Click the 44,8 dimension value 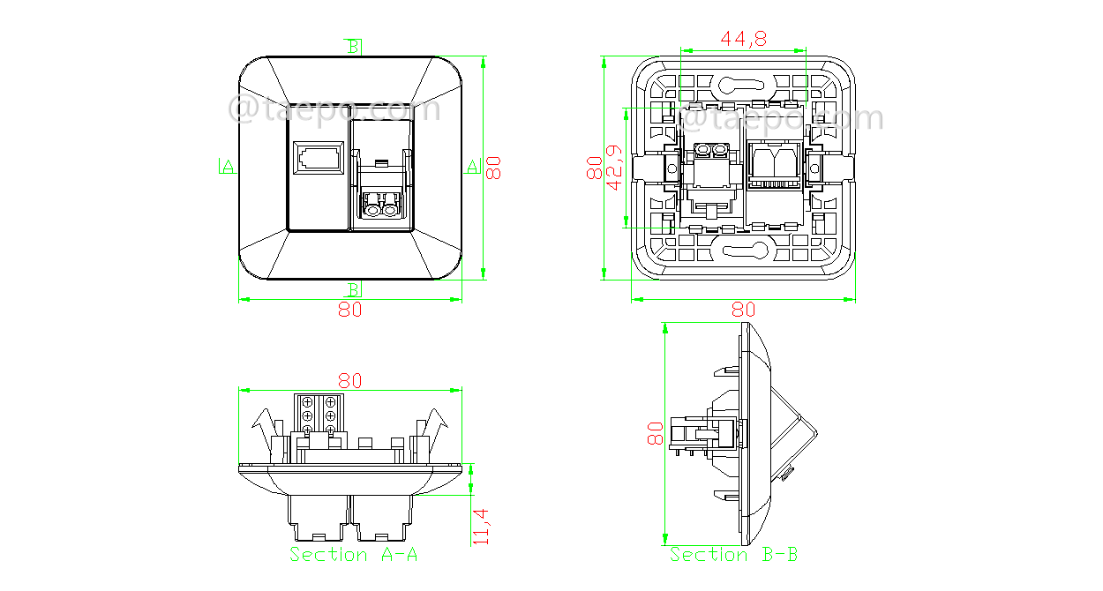coord(743,39)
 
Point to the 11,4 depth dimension coord(481,525)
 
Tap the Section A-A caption coord(353,554)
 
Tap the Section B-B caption coord(733,554)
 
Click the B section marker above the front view coord(353,47)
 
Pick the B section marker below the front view coord(353,289)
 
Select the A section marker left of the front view coord(227,166)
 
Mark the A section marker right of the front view coord(473,166)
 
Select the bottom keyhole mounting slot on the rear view coord(743,251)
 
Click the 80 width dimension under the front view coord(350,310)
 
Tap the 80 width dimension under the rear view coord(744,310)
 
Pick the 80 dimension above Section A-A coord(350,380)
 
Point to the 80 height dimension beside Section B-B coord(655,433)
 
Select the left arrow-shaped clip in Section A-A coord(262,428)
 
